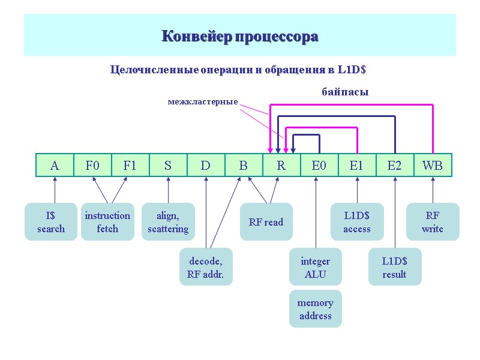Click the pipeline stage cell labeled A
click(x=55, y=166)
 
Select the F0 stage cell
click(x=92, y=166)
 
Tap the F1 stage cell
click(x=130, y=166)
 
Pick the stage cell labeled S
click(x=168, y=166)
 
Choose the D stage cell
click(x=206, y=166)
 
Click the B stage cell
click(x=244, y=166)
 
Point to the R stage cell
click(x=281, y=166)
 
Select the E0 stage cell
click(x=319, y=166)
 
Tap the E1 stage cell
click(x=357, y=166)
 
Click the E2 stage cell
click(x=395, y=166)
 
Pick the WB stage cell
click(x=433, y=166)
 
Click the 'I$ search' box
click(x=51, y=222)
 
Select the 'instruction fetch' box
click(x=107, y=222)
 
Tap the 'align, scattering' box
click(x=168, y=222)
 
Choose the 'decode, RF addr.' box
click(x=206, y=268)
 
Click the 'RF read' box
click(x=266, y=222)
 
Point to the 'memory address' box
click(x=315, y=309)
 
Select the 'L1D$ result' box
click(x=394, y=268)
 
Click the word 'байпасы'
click(x=345, y=92)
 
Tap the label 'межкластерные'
click(x=203, y=103)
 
